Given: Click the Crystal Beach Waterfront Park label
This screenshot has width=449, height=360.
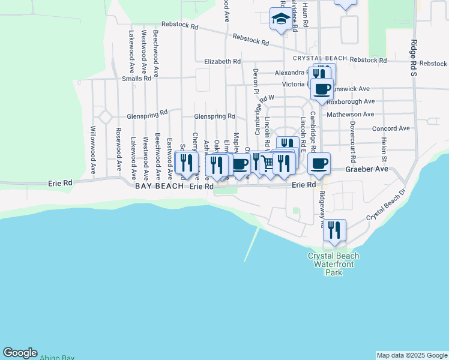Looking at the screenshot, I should coord(333,264).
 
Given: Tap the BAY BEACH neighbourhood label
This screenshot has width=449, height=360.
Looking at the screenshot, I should coord(160,187).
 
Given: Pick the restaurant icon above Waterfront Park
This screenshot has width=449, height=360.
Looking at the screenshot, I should coord(334,230).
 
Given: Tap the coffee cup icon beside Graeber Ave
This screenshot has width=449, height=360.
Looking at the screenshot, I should coord(319,163).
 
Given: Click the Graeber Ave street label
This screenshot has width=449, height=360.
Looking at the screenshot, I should coord(367,169).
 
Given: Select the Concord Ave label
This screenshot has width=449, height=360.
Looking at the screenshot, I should coord(391,128).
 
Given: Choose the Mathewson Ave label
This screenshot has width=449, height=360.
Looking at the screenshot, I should coord(351,114).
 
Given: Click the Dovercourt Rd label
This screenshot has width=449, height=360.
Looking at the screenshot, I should coord(353,140).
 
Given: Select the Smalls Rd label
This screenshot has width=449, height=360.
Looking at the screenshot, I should coord(136,79).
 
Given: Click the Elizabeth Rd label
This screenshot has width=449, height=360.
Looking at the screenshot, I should coord(222,61).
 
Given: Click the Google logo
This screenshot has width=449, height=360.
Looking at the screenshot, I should coord(20,353).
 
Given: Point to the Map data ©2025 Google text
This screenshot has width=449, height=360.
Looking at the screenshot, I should coord(412,355).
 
